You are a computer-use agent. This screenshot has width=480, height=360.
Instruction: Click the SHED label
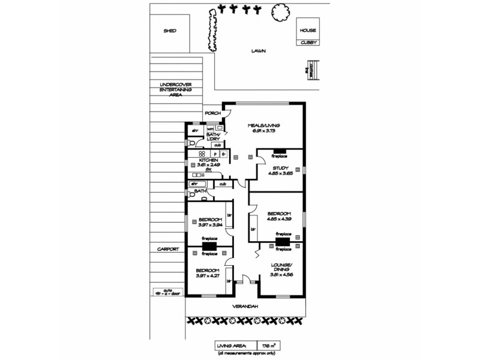pyautogui.click(x=169, y=31)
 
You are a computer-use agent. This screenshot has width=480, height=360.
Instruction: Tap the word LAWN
pyautogui.click(x=259, y=52)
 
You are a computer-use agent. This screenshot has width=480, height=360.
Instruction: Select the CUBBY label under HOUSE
pyautogui.click(x=309, y=41)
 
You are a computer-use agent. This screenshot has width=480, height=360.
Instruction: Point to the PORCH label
pyautogui.click(x=213, y=113)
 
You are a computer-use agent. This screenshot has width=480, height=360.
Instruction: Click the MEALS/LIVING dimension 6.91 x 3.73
pyautogui.click(x=266, y=131)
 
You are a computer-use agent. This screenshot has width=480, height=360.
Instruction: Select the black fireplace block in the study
pyautogui.click(x=279, y=151)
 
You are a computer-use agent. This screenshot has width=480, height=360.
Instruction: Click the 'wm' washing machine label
pyautogui.click(x=211, y=128)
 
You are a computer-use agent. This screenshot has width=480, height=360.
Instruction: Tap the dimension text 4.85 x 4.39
pyautogui.click(x=279, y=220)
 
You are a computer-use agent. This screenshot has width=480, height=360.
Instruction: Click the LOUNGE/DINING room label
pyautogui.click(x=282, y=267)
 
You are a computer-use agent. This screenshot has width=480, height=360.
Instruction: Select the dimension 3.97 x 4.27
pyautogui.click(x=206, y=276)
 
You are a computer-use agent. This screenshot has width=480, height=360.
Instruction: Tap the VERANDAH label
pyautogui.click(x=245, y=307)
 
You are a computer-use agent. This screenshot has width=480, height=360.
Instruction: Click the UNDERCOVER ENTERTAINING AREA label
pyautogui.click(x=175, y=89)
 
